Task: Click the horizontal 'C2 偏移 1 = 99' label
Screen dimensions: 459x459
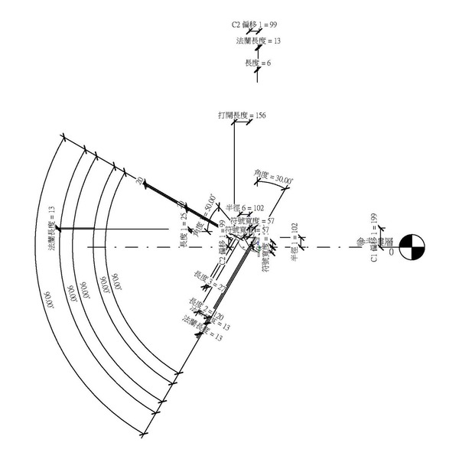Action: pyautogui.click(x=255, y=24)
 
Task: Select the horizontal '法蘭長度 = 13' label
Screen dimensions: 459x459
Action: pyautogui.click(x=257, y=40)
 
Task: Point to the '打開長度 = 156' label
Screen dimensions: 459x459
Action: pyautogui.click(x=242, y=116)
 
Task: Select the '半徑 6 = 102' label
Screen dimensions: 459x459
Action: pyautogui.click(x=245, y=207)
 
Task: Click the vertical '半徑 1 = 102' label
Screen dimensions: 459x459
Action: pyautogui.click(x=294, y=243)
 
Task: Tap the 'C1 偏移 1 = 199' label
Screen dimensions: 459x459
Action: pyautogui.click(x=373, y=238)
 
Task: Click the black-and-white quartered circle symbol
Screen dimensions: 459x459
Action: pyautogui.click(x=412, y=248)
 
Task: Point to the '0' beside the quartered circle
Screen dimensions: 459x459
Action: pyautogui.click(x=391, y=252)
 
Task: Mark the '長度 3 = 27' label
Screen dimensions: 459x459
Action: pyautogui.click(x=207, y=280)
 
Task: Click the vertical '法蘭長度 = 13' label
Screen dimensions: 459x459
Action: pyautogui.click(x=52, y=228)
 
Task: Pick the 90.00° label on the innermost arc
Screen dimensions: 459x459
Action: pyautogui.click(x=116, y=283)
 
